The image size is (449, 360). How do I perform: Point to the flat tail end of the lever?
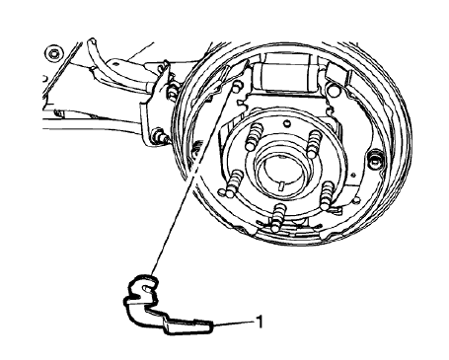tap(197, 323)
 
